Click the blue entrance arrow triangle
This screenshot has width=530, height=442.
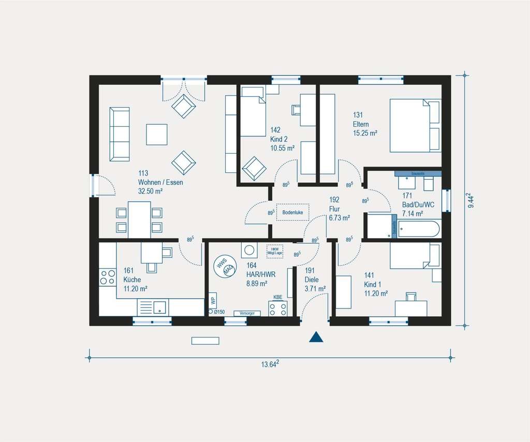(x=316, y=337)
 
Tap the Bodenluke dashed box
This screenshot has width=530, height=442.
(x=292, y=212)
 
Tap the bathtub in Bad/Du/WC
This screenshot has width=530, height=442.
(x=419, y=228)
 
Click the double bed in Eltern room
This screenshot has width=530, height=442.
(x=415, y=126)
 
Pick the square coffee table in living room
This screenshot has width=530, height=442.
(x=157, y=135)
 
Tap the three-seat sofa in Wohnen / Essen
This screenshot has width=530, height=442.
(x=120, y=134)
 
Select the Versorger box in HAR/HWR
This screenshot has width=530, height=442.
(x=246, y=313)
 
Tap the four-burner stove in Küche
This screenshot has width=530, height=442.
(x=108, y=277)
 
